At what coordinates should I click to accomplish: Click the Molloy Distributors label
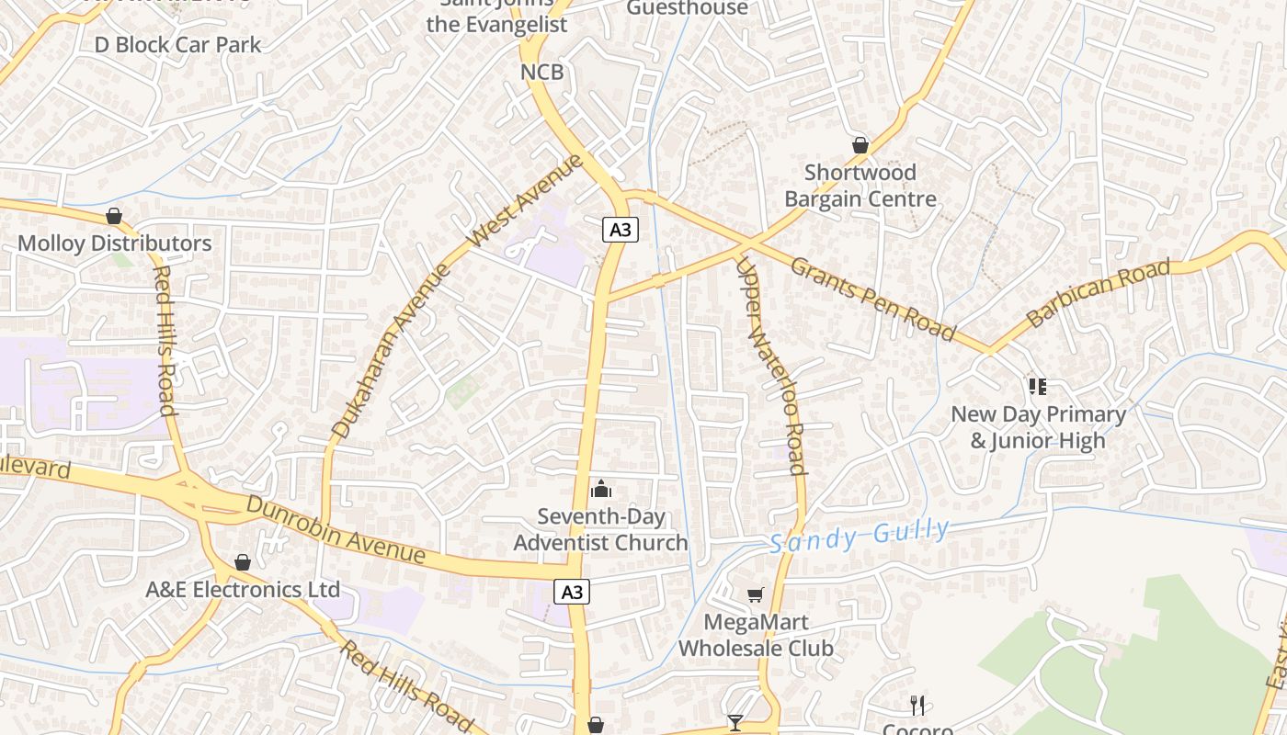coord(115,243)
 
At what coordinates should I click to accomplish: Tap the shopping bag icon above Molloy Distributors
coord(114,216)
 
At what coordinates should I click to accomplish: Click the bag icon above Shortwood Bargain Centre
coord(860,145)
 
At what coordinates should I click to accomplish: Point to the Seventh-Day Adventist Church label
coord(600,530)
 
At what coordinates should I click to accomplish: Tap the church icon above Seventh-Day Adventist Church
coord(601,488)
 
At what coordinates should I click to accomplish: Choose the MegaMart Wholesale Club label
coord(756,635)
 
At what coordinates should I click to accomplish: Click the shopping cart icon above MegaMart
coord(756,594)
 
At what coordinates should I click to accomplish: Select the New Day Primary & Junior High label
coord(1038,427)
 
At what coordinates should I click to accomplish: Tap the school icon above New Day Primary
coord(1038,386)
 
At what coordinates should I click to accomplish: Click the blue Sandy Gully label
coord(860,536)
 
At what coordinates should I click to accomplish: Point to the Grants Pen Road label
coord(873,298)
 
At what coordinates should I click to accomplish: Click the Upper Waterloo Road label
coord(771,365)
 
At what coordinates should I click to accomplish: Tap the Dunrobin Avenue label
coord(336,530)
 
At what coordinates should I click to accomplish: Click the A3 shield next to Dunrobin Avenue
coord(572,592)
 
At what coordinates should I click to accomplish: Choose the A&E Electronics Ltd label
coord(243,589)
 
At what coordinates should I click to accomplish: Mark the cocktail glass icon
coord(735,723)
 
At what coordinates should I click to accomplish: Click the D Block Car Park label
coord(177,44)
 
